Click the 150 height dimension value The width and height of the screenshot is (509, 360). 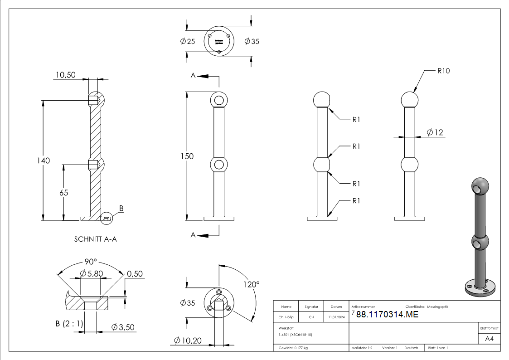coord(186,156)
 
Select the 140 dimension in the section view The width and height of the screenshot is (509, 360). coord(44,160)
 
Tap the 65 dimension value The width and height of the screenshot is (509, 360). coord(63,192)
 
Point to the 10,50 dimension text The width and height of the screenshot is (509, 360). coord(66,75)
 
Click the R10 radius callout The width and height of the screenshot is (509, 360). coord(443,71)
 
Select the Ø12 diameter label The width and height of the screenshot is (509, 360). coord(435,132)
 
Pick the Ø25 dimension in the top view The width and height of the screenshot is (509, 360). coord(187,41)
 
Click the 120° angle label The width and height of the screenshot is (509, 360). coord(252,284)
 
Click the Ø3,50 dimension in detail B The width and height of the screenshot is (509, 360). coord(123,327)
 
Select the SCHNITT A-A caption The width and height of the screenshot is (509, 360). coord(95,238)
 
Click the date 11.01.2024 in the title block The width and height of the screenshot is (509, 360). coord(336,317)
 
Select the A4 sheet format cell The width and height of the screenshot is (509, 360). coord(489,339)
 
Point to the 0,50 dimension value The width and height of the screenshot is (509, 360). coord(135,273)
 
